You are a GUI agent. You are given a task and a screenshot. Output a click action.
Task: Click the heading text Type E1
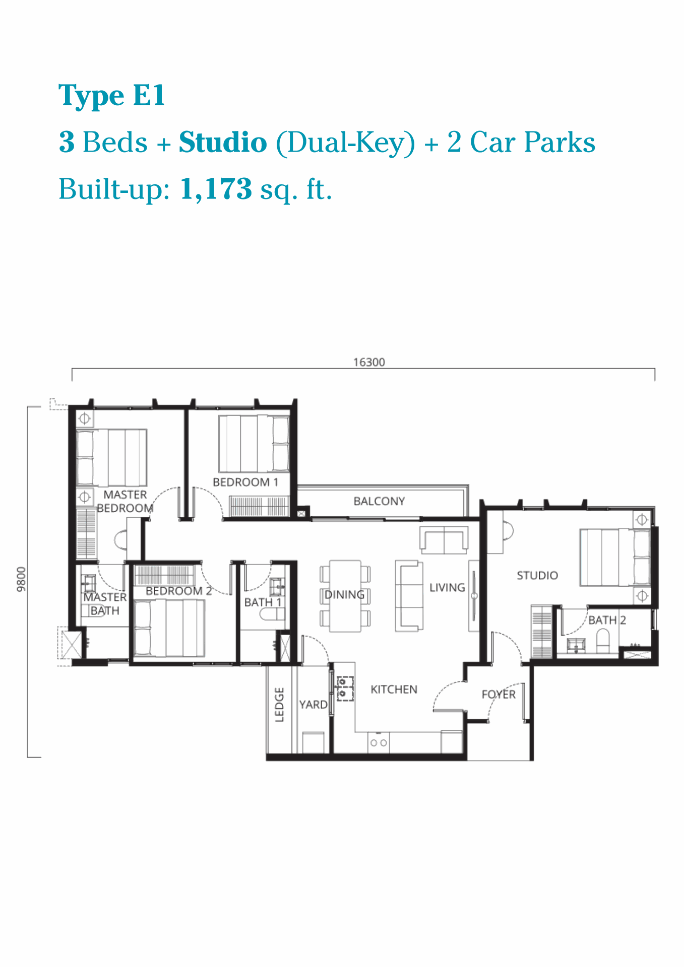pos(111,96)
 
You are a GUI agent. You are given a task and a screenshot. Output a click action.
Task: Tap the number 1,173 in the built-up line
pos(216,189)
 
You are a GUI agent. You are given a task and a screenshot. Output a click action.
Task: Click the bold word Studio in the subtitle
pos(223,142)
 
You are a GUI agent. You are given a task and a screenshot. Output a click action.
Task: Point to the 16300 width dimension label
pos(369,362)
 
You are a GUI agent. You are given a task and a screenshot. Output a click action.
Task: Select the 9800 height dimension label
pos(21,579)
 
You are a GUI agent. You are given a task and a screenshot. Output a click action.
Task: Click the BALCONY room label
pos(379,501)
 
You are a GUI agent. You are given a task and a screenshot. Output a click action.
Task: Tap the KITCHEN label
pos(394,689)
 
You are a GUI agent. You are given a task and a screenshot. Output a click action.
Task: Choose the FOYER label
pos(499,694)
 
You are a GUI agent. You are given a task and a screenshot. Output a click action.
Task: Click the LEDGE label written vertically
pos(279,705)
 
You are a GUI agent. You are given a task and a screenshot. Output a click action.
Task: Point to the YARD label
pos(313,705)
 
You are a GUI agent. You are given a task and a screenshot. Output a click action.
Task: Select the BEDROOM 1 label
pos(245,482)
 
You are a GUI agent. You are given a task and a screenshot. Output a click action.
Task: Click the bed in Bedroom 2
pos(169,628)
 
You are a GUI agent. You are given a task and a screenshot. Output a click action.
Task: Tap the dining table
pos(345,596)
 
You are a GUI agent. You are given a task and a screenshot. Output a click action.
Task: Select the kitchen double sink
pos(345,688)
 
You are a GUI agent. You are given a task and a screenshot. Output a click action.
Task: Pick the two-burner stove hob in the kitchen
pos(379,742)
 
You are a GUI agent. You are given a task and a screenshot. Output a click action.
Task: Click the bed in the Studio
pos(615,557)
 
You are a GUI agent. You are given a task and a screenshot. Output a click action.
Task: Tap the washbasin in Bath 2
pos(576,645)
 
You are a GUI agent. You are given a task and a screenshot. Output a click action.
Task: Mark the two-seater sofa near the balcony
pos(444,539)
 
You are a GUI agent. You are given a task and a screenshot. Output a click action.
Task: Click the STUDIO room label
pos(537,575)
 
